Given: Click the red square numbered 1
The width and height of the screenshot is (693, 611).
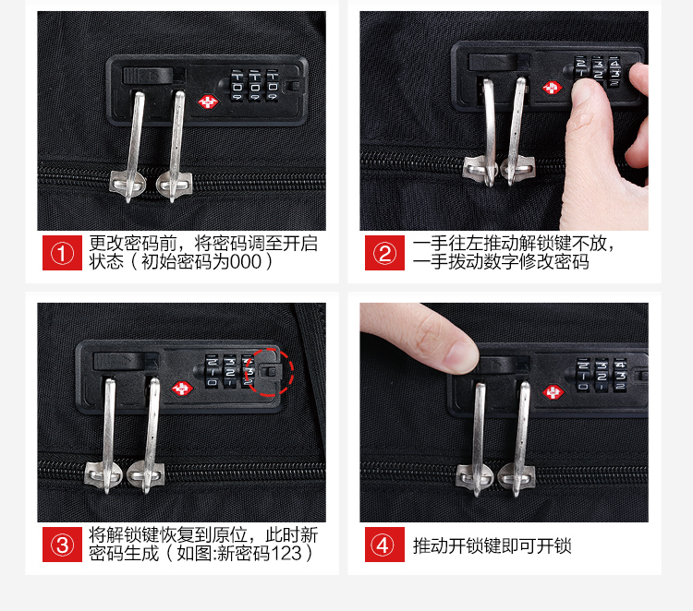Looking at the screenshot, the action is point(62,253).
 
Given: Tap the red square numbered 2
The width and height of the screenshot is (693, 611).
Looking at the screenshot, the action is point(384,253).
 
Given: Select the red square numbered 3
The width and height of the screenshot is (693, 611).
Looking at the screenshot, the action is point(62,545).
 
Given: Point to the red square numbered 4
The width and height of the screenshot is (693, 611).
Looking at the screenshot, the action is point(384,545).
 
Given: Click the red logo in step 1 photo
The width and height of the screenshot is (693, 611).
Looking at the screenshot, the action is point(208,102).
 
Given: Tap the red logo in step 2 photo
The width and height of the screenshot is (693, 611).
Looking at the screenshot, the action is point(552,88).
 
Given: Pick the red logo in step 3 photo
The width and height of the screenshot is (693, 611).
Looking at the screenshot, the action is point(182,389).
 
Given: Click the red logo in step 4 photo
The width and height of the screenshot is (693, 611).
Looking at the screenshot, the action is point(553,392).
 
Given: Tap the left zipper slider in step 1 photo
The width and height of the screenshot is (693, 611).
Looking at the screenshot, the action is point(128,184).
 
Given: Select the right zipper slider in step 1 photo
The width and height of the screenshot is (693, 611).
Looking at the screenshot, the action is point(175,184).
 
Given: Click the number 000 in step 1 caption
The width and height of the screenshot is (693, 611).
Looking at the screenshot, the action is point(246,262).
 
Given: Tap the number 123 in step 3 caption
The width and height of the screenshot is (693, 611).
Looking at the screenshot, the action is point(286,553).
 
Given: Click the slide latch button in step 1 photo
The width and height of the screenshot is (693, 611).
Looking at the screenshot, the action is point(148,76).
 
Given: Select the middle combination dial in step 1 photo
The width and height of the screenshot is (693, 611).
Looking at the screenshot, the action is point(255,86).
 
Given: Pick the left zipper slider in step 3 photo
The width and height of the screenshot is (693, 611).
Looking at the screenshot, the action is point(103,474).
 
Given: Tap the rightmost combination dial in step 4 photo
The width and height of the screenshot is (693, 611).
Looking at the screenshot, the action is point(620,376).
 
